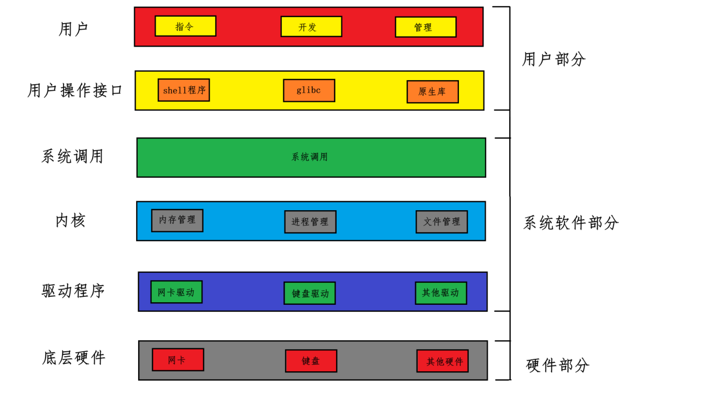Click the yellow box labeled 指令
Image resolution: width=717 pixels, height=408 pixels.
[185, 26]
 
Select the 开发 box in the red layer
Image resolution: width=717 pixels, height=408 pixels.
[311, 27]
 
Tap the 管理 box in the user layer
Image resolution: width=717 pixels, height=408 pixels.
[425, 27]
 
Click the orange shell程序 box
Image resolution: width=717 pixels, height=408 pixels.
[183, 90]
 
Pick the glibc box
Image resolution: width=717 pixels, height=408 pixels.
[309, 90]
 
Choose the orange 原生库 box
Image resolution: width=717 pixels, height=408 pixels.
[433, 92]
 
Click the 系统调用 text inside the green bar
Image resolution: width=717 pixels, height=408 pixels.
[310, 157]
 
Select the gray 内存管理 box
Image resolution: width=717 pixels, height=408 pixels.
[177, 220]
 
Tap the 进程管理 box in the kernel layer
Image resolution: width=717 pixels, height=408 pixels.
[310, 222]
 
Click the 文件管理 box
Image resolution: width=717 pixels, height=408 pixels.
[441, 222]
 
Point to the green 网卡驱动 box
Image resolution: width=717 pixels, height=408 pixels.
[176, 292]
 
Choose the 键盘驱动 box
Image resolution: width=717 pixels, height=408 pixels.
[310, 293]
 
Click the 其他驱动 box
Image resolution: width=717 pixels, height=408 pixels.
[441, 293]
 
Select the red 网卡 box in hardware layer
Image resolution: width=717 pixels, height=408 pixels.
[177, 360]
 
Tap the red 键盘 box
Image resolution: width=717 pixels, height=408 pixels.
[311, 361]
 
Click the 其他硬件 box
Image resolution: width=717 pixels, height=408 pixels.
[442, 361]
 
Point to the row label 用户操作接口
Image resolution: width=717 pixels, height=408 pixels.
[75, 90]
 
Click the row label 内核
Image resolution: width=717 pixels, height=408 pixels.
[71, 221]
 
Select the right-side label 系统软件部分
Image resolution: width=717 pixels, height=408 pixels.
[571, 223]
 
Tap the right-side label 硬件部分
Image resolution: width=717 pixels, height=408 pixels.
[557, 365]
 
